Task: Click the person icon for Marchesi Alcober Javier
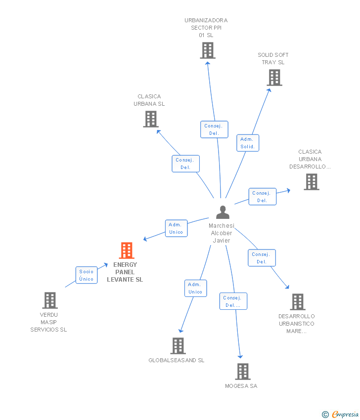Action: coord(223,212)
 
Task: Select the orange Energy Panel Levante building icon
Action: coord(127,251)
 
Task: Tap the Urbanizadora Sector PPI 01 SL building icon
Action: coord(208,50)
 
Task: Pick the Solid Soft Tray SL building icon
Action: coord(274,78)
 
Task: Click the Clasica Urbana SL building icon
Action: coord(151,119)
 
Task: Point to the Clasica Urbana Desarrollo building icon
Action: coord(312,182)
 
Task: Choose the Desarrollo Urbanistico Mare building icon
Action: coord(297,301)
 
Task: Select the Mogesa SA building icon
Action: coord(242,371)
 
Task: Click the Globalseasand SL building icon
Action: coord(178,346)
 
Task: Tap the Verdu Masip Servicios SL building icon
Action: coord(50,300)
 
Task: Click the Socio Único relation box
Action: coord(87,275)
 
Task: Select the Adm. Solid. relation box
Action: coord(248,143)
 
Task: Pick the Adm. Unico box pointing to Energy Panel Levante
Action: coord(176,228)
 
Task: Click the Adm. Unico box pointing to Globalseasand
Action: coord(195,288)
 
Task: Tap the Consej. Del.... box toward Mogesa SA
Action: coord(233,301)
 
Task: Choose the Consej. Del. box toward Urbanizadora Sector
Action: coord(214,129)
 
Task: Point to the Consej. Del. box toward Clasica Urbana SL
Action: coord(185,164)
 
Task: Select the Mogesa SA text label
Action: coord(241,386)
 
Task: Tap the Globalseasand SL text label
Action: coord(177,360)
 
